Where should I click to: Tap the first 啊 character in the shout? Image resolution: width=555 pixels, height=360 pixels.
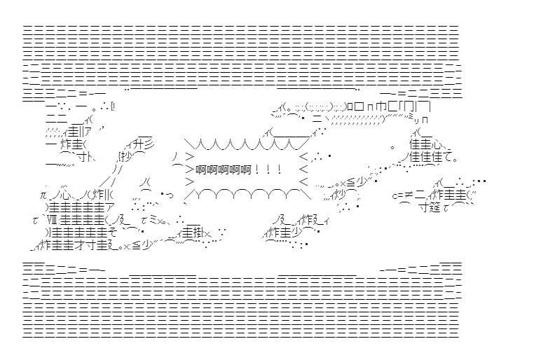click(200, 169)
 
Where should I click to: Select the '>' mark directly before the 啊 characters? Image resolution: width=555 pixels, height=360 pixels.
click(190, 169)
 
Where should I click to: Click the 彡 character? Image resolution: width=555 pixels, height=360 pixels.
click(152, 144)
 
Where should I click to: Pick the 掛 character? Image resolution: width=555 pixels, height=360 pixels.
click(199, 233)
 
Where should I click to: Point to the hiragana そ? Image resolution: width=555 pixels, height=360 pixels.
click(114, 233)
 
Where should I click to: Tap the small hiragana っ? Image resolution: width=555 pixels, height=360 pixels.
click(168, 195)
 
